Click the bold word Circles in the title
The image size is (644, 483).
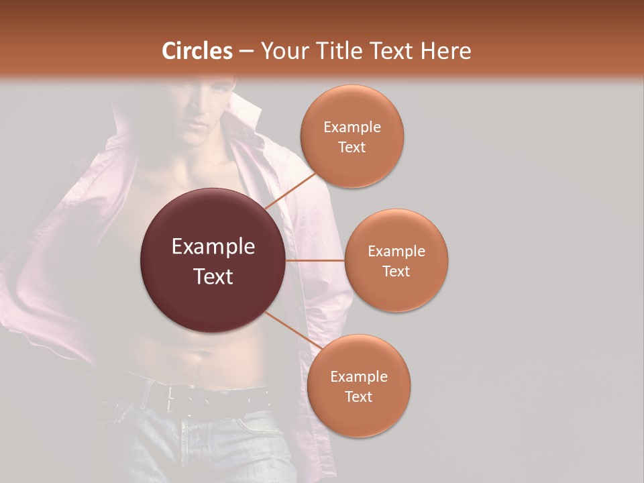pyautogui.click(x=197, y=51)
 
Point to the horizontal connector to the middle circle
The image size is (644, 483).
pyautogui.click(x=315, y=260)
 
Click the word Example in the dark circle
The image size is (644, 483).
pyautogui.click(x=213, y=247)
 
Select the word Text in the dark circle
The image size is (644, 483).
pyautogui.click(x=213, y=276)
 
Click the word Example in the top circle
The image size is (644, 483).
pyautogui.click(x=352, y=127)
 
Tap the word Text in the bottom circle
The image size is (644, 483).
pyautogui.click(x=358, y=396)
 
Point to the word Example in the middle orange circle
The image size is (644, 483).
pyautogui.click(x=396, y=252)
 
